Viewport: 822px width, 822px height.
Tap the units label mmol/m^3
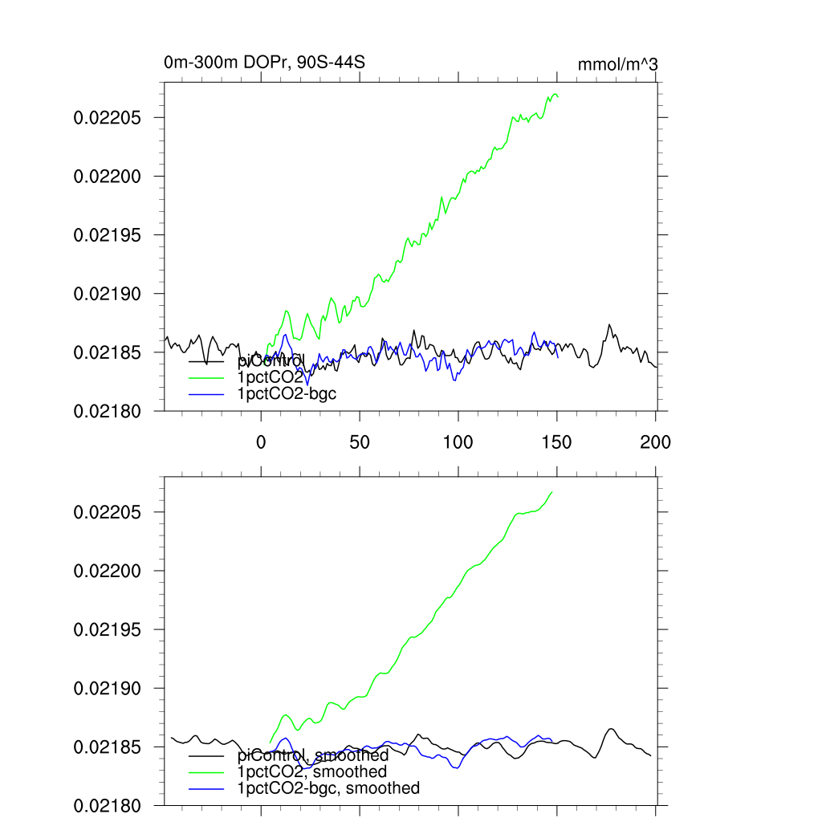(618, 64)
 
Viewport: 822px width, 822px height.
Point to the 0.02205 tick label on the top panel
(108, 118)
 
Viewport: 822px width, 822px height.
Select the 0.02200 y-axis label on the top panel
(108, 177)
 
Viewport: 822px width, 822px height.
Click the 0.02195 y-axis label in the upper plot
(108, 235)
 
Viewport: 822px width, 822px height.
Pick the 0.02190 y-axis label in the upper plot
(108, 294)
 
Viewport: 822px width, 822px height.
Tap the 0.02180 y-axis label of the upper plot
(108, 411)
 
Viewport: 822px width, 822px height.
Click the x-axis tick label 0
(261, 442)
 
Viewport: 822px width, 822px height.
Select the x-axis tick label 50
(360, 442)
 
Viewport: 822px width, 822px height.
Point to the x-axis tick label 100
(458, 442)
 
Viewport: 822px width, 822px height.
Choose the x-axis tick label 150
(556, 442)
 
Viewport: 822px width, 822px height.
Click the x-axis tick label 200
(655, 442)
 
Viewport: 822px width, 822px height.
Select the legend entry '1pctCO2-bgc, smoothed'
(328, 788)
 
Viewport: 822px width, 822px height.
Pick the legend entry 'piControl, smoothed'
(313, 755)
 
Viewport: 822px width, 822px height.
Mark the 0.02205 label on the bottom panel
(108, 512)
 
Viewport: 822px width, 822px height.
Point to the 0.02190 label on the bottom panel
(108, 689)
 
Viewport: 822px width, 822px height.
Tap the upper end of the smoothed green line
(552, 491)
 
